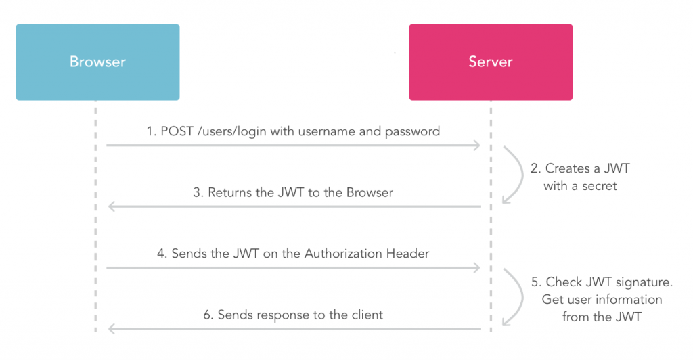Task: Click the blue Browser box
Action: (97, 62)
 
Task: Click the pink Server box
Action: (491, 62)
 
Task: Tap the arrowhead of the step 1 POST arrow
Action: (477, 145)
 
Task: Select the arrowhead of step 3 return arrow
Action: (111, 206)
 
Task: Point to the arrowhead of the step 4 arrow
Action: (477, 268)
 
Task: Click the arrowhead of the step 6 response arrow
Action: (111, 329)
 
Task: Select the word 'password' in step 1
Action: (412, 131)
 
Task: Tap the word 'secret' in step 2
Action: (599, 186)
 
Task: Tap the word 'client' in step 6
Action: (365, 315)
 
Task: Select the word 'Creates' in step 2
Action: (567, 169)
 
